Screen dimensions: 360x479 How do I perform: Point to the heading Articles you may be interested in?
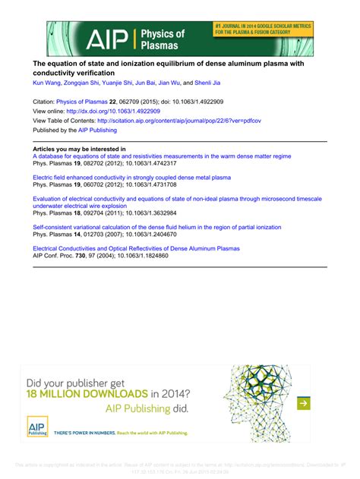pos(79,149)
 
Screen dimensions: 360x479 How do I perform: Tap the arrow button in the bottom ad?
pos(303,403)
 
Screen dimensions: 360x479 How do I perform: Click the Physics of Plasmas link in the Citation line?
pos(84,100)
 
